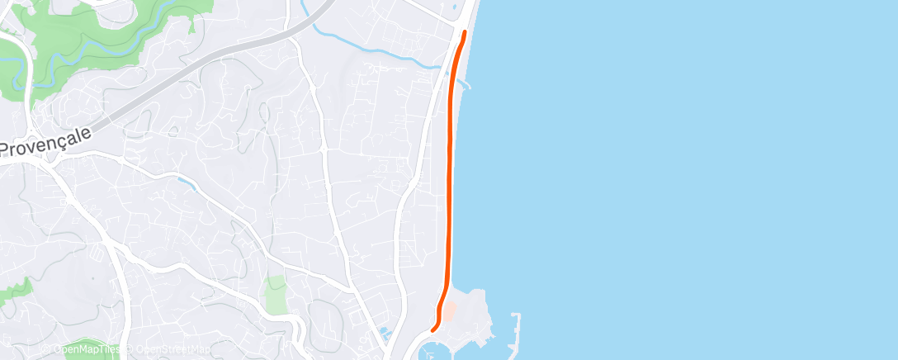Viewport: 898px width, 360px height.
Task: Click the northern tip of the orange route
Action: pos(465,32)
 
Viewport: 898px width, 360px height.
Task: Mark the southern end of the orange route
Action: pos(434,331)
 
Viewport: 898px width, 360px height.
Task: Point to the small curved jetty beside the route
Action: pos(465,83)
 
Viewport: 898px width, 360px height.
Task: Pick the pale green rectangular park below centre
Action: pos(275,295)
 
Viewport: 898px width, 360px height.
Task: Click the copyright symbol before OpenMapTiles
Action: pos(46,350)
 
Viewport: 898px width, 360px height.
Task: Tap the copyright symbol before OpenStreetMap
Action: pos(125,350)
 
